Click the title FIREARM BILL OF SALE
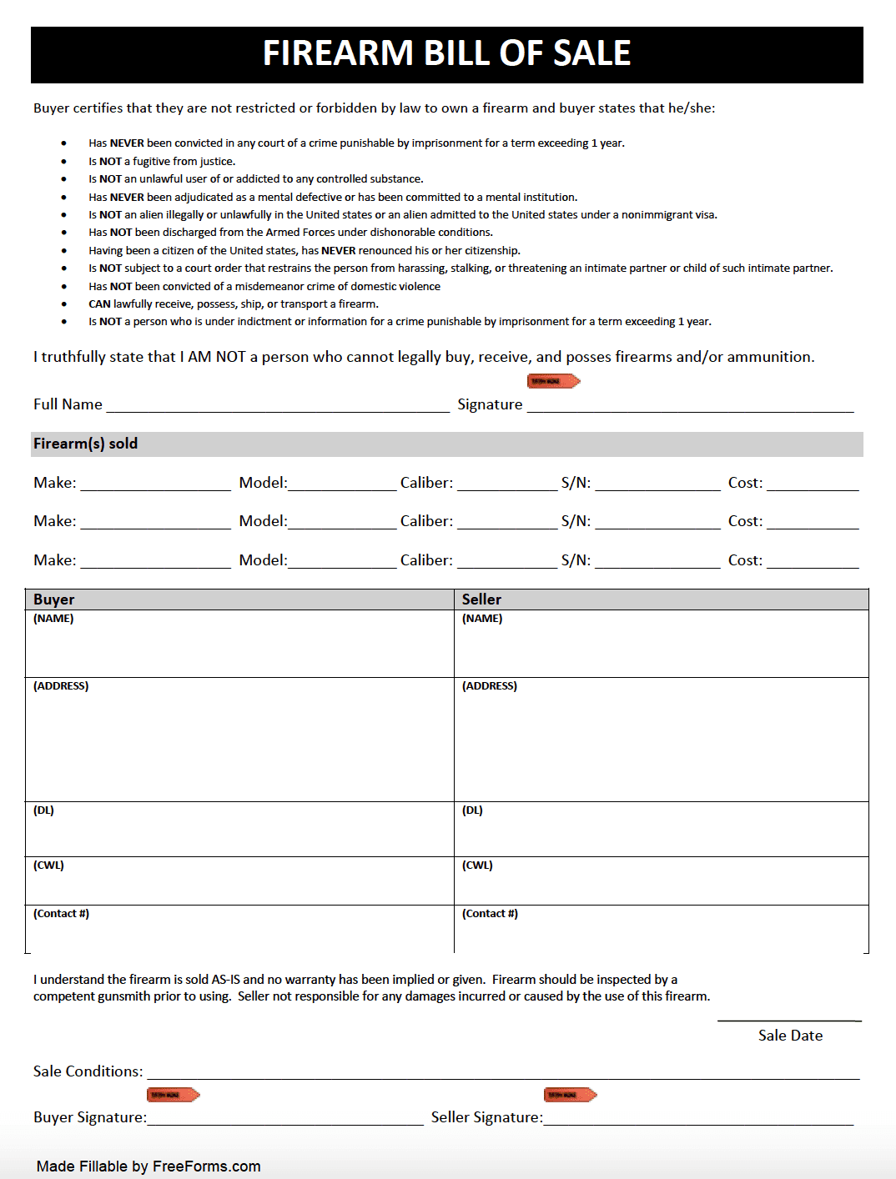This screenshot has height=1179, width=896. pos(446,53)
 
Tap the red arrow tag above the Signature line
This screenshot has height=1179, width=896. pos(553,381)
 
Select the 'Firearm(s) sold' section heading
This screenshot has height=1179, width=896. pos(85,444)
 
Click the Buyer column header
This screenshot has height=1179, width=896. pos(54,600)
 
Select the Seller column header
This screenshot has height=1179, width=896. pos(481,600)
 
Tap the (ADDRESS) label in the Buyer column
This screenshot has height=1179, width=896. pos(61,686)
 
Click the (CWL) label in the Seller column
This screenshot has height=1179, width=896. pos(477,865)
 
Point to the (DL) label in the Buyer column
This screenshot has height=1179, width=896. pos(43,810)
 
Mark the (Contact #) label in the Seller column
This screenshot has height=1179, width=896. pos(490,914)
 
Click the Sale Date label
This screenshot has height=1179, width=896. pos(790,1036)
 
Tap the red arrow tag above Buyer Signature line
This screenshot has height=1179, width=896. pos(173,1095)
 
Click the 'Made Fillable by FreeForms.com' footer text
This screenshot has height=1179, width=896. pos(148,1166)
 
